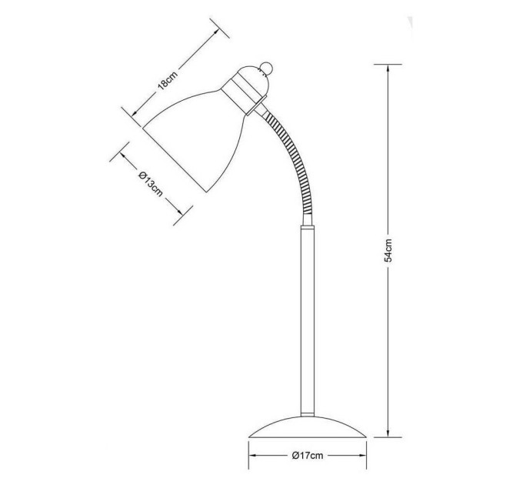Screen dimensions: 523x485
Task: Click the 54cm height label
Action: (x=388, y=250)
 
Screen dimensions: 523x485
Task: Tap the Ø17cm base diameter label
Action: (x=308, y=455)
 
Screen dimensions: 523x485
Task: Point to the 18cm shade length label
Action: (x=168, y=80)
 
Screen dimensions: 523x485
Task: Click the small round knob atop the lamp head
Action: (x=267, y=68)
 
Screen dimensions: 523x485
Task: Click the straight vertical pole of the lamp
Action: (x=308, y=320)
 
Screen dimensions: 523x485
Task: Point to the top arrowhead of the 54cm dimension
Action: (x=388, y=68)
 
